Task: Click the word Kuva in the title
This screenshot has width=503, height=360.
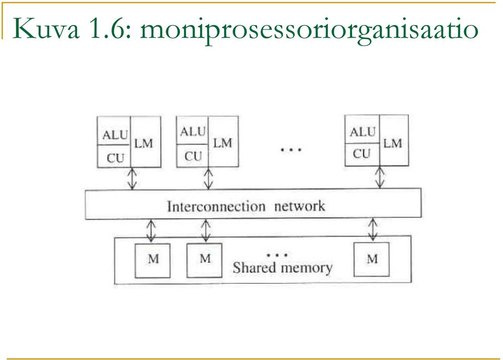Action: click(x=46, y=29)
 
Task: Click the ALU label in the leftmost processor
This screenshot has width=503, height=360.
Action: click(x=115, y=135)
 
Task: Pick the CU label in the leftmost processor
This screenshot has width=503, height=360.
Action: click(x=115, y=158)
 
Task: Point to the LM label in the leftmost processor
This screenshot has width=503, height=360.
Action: click(x=144, y=144)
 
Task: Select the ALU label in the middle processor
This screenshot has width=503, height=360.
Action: click(x=192, y=132)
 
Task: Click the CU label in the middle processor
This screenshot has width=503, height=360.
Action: click(x=193, y=156)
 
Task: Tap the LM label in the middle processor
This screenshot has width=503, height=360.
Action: click(x=222, y=143)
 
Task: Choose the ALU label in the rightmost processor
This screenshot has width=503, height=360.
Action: click(x=363, y=132)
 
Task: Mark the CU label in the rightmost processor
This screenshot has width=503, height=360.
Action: click(x=362, y=154)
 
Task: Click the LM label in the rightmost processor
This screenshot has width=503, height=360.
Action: click(x=392, y=143)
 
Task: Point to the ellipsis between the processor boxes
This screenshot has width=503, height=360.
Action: click(x=291, y=149)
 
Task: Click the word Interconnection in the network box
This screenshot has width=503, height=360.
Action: click(x=216, y=206)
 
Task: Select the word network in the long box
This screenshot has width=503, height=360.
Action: click(x=300, y=206)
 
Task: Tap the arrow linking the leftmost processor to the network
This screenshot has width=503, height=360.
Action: click(x=132, y=178)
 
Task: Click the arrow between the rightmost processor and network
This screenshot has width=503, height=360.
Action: click(x=380, y=177)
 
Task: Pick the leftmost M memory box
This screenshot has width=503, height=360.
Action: click(x=152, y=260)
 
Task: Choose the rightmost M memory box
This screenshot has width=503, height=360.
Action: click(x=371, y=259)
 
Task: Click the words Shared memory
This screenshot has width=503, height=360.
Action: click(x=282, y=268)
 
